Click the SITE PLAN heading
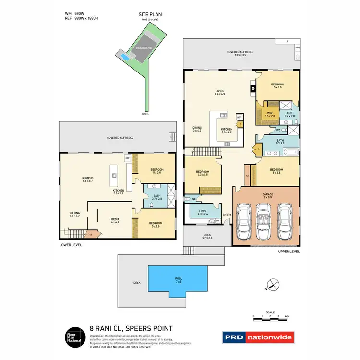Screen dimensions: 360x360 pyautogui.click(x=150, y=15)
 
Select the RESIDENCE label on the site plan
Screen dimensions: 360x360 pyautogui.click(x=144, y=48)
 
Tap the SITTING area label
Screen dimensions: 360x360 pyautogui.click(x=74, y=214)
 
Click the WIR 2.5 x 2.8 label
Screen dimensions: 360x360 pyautogui.click(x=271, y=115)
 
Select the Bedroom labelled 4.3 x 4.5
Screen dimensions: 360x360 pyautogui.click(x=202, y=174)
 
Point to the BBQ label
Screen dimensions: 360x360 pyautogui.click(x=297, y=48)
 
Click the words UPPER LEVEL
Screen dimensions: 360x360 pyautogui.click(x=289, y=251)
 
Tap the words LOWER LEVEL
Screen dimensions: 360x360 pyautogui.click(x=70, y=245)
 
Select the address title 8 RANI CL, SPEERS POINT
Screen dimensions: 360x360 pyautogui.click(x=131, y=329)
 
